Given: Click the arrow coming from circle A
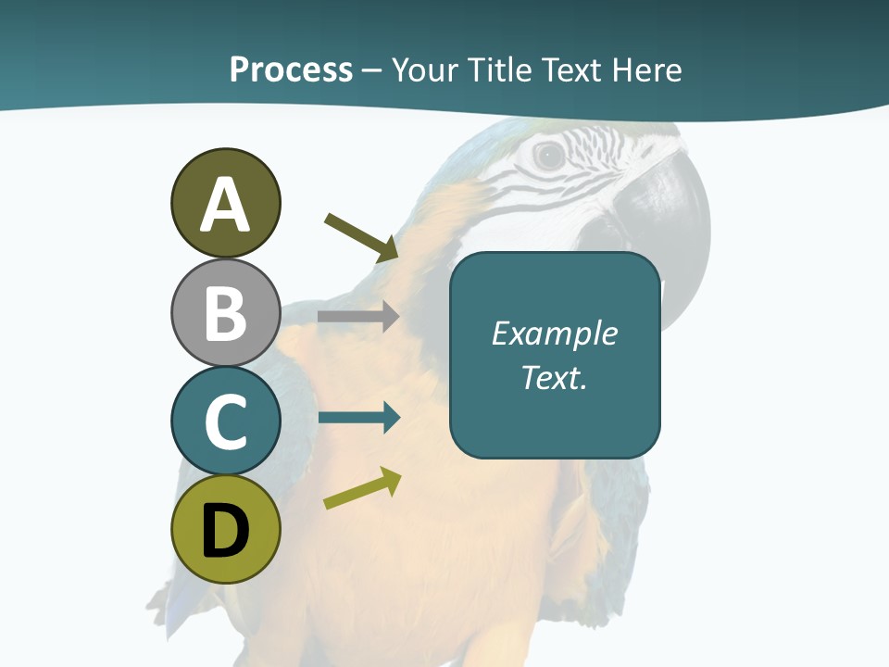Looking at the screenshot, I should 361,237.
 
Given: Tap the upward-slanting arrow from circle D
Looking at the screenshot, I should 362,489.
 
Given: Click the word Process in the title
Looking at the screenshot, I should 291,70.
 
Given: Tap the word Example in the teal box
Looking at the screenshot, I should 554,333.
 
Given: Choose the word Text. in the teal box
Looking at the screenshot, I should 554,378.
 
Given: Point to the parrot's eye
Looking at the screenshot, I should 549,156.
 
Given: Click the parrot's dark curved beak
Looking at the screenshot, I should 671,213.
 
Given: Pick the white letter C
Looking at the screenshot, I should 225,422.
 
